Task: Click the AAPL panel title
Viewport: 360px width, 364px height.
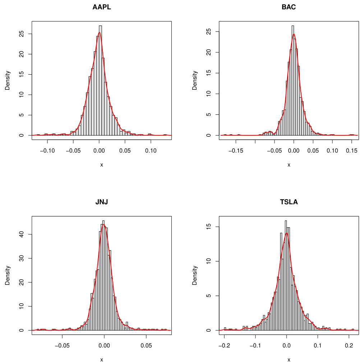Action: point(102,7)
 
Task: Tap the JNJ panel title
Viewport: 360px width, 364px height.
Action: point(102,202)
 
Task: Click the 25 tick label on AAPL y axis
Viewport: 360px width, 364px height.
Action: point(21,34)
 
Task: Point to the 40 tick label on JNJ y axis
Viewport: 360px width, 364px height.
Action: point(21,234)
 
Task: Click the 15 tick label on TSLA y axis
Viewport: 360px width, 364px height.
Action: point(208,227)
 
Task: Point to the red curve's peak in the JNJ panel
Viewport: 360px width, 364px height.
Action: point(104,225)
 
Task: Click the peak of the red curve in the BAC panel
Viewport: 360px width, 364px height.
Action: point(294,34)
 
